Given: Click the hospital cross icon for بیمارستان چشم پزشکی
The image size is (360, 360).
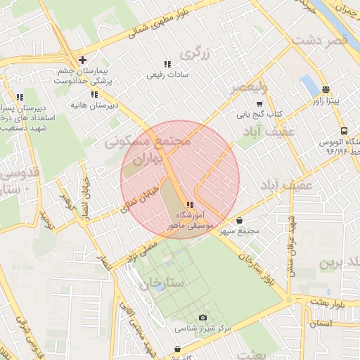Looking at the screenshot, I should pos(83,60).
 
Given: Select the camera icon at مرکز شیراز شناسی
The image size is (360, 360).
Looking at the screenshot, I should pos(203,318).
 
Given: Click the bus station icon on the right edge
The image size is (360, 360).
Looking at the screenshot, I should pos(344,131).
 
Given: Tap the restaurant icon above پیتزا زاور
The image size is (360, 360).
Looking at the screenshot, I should pos(325,89).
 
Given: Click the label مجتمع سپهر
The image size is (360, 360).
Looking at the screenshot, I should pos(244,231).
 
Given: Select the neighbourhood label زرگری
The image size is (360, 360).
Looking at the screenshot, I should pos(197,53).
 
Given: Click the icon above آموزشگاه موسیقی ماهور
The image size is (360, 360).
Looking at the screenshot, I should pos(191,204).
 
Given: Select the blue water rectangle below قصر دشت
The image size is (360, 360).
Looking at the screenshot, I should pos(309,86).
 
